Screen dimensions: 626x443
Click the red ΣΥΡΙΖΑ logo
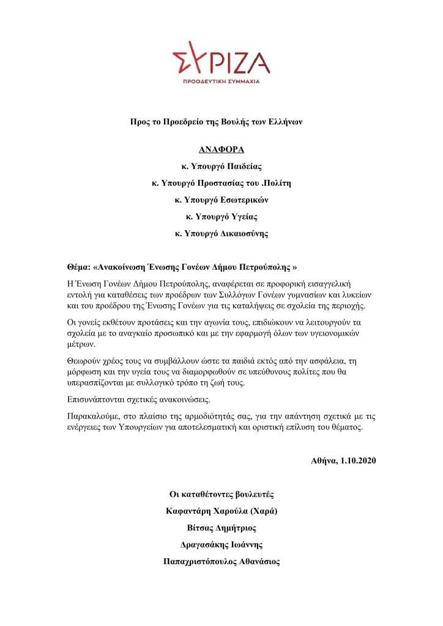pyautogui.click(x=221, y=59)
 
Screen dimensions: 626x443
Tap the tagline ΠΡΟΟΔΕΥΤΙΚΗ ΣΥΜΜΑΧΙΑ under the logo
pyautogui.click(x=221, y=81)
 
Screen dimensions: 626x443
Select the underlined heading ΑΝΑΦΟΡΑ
pyautogui.click(x=221, y=149)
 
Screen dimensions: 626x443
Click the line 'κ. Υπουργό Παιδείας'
pyautogui.click(x=221, y=166)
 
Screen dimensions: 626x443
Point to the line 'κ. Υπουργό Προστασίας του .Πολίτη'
pyautogui.click(x=221, y=183)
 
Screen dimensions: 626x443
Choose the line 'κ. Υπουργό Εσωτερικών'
pyautogui.click(x=221, y=199)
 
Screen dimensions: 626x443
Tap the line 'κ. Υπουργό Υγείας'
pyautogui.click(x=221, y=217)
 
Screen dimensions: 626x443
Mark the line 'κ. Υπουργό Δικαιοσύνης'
pyautogui.click(x=221, y=233)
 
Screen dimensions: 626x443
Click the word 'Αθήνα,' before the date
pyautogui.click(x=324, y=460)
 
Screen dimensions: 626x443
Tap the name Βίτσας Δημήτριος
pyautogui.click(x=221, y=527)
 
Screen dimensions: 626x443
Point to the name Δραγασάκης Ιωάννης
pyautogui.click(x=221, y=545)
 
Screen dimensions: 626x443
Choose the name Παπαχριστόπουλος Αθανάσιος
pyautogui.click(x=221, y=561)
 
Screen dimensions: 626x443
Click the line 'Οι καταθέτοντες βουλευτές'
pyautogui.click(x=221, y=494)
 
